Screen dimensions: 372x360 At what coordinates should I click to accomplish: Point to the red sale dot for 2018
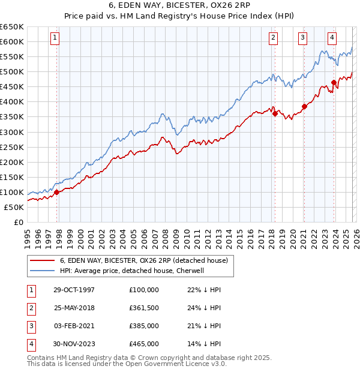(275, 113)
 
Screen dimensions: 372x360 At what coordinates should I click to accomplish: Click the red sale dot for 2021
(304, 106)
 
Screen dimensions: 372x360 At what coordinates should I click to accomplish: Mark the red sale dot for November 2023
(334, 82)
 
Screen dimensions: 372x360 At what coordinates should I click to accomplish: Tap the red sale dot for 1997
(57, 192)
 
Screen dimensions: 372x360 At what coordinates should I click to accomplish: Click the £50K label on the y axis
(14, 207)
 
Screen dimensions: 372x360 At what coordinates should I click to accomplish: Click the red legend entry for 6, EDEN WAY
(143, 261)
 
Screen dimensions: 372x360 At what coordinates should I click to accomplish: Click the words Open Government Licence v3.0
(175, 364)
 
